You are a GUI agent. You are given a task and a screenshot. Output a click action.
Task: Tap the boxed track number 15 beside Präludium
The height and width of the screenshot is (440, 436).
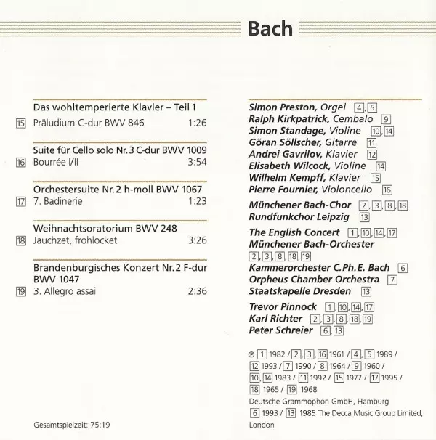coord(20,122)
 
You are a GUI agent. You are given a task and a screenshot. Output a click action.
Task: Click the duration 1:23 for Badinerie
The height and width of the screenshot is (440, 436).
coord(198,201)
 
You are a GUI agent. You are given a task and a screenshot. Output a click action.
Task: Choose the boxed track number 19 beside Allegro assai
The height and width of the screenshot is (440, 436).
coord(20,292)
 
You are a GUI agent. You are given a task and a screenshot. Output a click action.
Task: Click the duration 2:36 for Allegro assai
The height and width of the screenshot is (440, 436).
coord(198,292)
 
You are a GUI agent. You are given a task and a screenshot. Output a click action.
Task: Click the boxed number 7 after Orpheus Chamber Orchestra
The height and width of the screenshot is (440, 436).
coord(392,280)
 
